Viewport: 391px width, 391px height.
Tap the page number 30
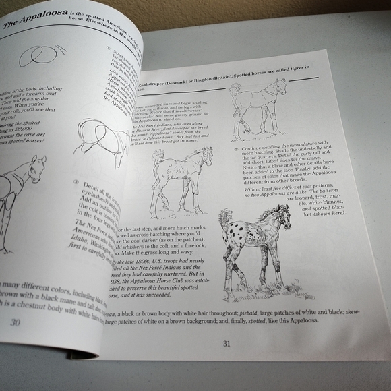15,322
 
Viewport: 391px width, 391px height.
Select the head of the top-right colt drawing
279,86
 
